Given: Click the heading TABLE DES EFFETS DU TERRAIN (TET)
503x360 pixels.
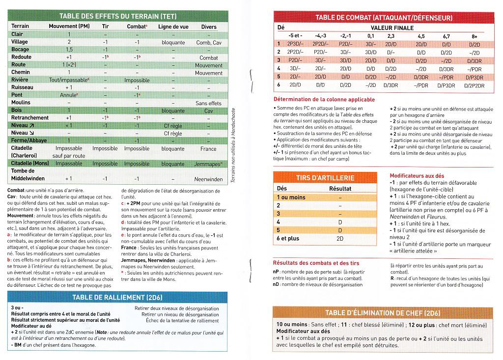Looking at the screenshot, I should pyautogui.click(x=117, y=16).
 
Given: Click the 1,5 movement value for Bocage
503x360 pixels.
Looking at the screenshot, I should pyautogui.click(x=69, y=50).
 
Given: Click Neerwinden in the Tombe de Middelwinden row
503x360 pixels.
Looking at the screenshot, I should pyautogui.click(x=209, y=179).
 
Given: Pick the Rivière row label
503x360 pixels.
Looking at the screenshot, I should pyautogui.click(x=20, y=80).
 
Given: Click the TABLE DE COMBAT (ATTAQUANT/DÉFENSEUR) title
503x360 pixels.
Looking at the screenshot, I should pyautogui.click(x=385, y=18).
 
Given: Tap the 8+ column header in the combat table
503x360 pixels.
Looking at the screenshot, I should pyautogui.click(x=474, y=36).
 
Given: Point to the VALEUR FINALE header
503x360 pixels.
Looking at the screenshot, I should pyautogui.click(x=392, y=28).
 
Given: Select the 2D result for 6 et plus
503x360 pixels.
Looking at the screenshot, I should pyautogui.click(x=339, y=238).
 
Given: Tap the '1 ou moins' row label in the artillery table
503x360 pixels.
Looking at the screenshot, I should pyautogui.click(x=291, y=197).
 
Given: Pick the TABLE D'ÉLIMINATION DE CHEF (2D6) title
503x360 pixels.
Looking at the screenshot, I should pyautogui.click(x=382, y=313).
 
